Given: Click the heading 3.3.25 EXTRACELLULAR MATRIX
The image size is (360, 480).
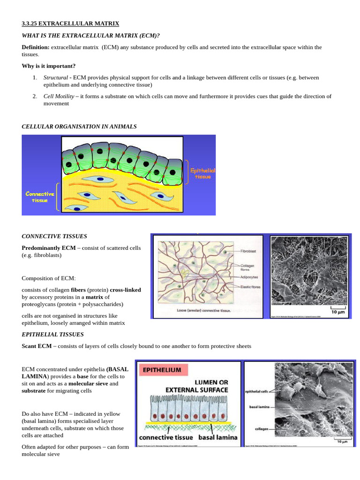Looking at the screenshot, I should tap(70, 23).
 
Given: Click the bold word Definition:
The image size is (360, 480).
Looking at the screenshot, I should tap(35, 47).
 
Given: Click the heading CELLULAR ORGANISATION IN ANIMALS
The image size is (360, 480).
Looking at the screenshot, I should tap(79, 127).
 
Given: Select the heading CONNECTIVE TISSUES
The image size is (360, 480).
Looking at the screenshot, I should tap(54, 236).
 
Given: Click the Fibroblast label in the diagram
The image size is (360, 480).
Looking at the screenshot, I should tap(248, 252).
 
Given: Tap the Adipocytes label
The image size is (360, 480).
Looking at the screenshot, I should tap(249, 277).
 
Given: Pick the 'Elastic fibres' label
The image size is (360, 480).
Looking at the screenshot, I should tap(250, 287).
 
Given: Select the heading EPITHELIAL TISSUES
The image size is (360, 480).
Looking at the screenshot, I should tap(53, 334).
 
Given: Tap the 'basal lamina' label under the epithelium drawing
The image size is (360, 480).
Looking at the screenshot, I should tap(218, 437).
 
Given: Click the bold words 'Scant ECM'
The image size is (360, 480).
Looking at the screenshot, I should tap(37, 346).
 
